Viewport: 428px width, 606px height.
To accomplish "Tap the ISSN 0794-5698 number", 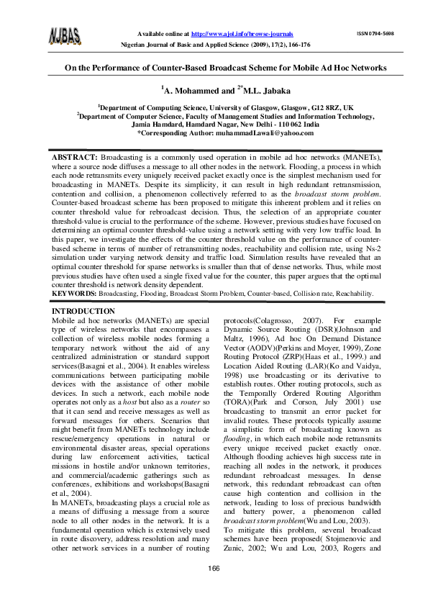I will tap(375, 34).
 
